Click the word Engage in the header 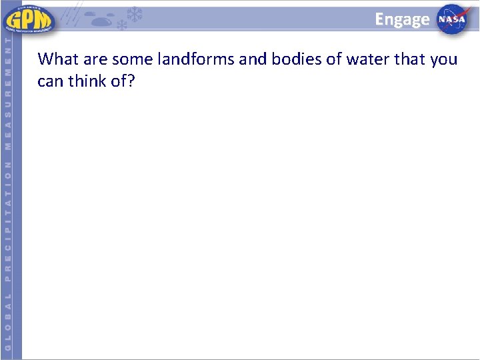pyautogui.click(x=402, y=19)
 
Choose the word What pyautogui.click(x=58, y=59)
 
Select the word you pyautogui.click(x=443, y=59)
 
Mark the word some pyautogui.click(x=133, y=59)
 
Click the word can pyautogui.click(x=50, y=82)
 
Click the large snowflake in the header pyautogui.click(x=135, y=14)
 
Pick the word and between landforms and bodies pyautogui.click(x=253, y=59)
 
